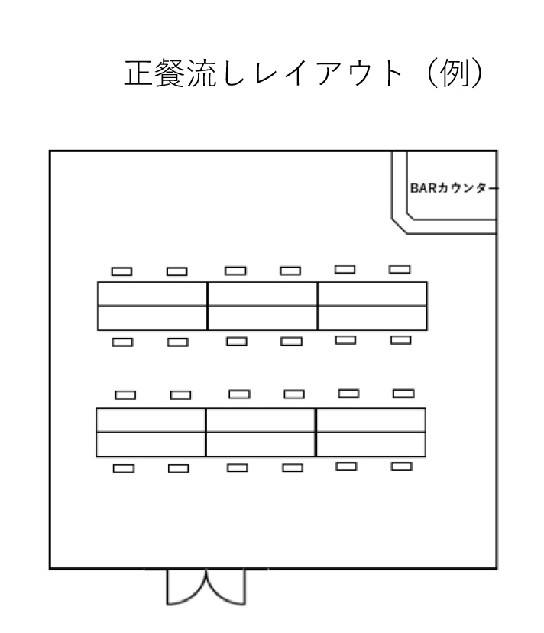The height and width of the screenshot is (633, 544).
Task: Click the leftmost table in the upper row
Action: point(152,306)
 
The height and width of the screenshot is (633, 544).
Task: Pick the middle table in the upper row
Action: point(262,306)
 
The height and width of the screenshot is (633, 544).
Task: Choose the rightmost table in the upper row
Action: point(372,306)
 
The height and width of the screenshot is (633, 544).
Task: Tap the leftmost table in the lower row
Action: point(151,432)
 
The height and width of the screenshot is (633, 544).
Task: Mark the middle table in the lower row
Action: point(261,432)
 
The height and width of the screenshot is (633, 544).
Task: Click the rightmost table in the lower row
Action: point(371,432)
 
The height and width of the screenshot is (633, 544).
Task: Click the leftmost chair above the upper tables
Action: point(122,271)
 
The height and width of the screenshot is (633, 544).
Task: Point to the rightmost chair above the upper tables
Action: point(400,269)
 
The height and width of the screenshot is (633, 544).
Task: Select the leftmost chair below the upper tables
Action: point(122,342)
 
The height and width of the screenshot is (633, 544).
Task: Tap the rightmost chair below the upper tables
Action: point(400,339)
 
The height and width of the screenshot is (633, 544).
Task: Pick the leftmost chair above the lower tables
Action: point(125,395)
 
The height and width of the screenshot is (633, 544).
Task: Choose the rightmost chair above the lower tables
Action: point(403,393)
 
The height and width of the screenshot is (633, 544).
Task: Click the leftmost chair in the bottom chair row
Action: point(124,469)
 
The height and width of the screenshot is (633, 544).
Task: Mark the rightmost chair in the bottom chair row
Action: point(401,466)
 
